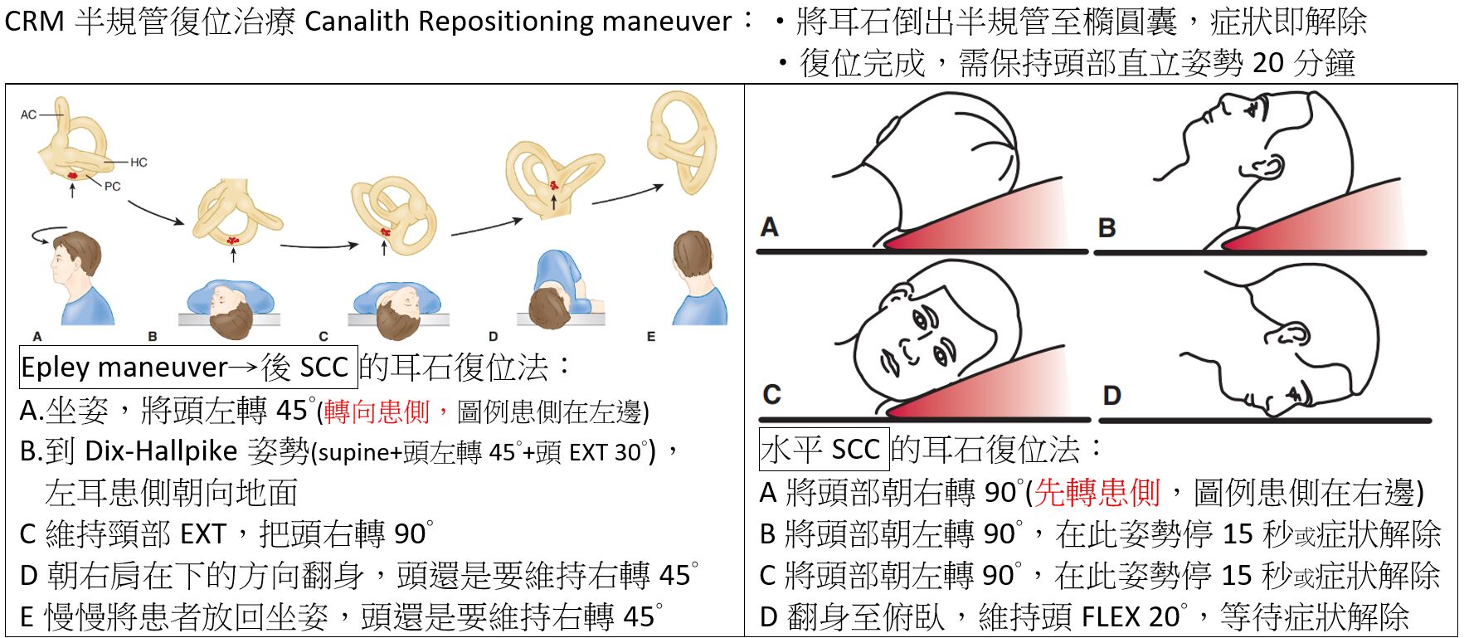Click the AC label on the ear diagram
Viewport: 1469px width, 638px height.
28,114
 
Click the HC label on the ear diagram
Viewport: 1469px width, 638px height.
139,162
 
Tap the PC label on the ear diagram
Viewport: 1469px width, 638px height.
112,187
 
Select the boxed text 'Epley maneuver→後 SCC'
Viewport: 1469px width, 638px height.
188,367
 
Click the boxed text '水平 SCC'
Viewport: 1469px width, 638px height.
824,450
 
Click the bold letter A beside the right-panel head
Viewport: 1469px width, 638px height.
769,226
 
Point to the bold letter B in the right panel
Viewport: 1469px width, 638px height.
1107,227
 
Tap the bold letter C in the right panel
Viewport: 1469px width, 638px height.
771,393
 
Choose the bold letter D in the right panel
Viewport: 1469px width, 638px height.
1112,395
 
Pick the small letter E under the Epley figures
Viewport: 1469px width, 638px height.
651,337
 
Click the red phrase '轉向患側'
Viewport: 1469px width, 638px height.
376,411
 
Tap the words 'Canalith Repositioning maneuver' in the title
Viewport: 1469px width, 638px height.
518,21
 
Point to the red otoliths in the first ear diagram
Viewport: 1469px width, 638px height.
73,175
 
